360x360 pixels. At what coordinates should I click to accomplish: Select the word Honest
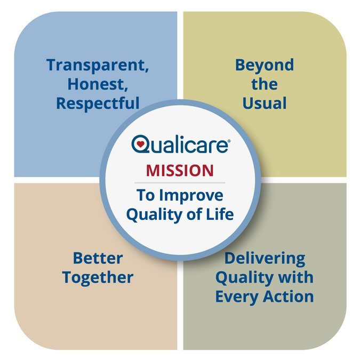point(98,85)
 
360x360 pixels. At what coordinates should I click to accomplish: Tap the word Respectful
point(98,103)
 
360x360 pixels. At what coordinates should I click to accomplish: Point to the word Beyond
point(265,66)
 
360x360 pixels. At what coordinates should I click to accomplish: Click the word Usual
point(265,103)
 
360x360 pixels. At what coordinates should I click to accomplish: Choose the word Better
point(98,259)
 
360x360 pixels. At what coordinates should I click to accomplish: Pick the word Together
point(98,277)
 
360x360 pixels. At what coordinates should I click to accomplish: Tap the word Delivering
point(265,259)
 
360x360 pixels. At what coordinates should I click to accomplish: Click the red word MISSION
point(180,171)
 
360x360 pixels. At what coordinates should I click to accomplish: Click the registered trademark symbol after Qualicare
point(229,140)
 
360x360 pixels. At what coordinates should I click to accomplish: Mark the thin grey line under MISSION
point(180,183)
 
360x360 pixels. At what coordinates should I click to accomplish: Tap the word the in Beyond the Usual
point(265,84)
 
